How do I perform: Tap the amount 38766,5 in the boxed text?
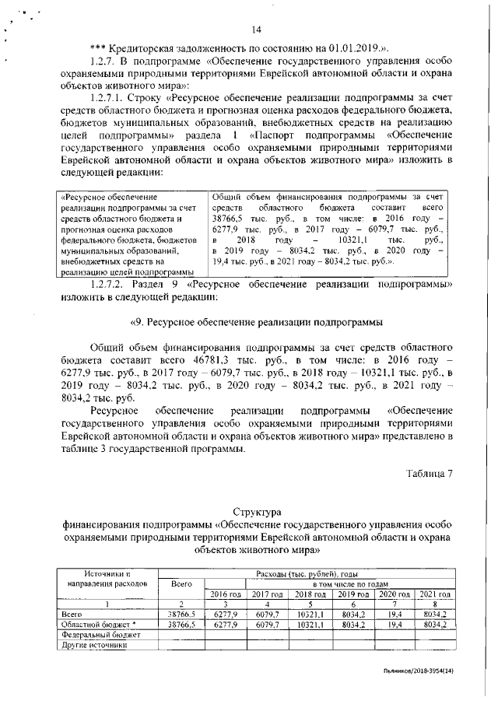pos(230,219)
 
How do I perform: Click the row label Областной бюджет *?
pos(98,624)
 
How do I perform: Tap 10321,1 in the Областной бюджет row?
pos(310,624)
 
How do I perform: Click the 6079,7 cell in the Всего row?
pos(267,614)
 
